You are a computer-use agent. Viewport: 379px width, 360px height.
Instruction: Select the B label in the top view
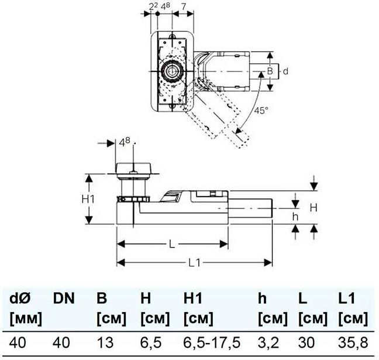(x=270, y=71)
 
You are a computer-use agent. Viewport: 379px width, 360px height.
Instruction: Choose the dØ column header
(x=21, y=299)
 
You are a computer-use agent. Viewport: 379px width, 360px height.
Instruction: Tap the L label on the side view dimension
(x=171, y=245)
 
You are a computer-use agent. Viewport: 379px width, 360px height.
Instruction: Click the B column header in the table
(x=101, y=299)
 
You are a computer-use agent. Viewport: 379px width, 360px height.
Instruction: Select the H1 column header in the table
(x=194, y=299)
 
